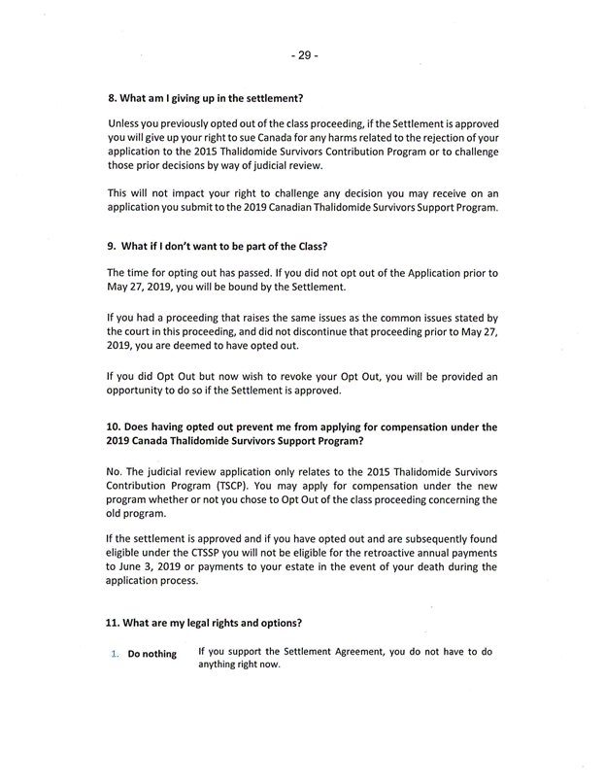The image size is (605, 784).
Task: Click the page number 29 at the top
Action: [303, 55]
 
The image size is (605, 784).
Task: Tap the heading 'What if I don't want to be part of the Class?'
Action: [216, 246]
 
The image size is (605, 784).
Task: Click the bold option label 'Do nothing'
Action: [152, 654]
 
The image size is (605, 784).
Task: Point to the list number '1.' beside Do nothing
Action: [114, 654]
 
